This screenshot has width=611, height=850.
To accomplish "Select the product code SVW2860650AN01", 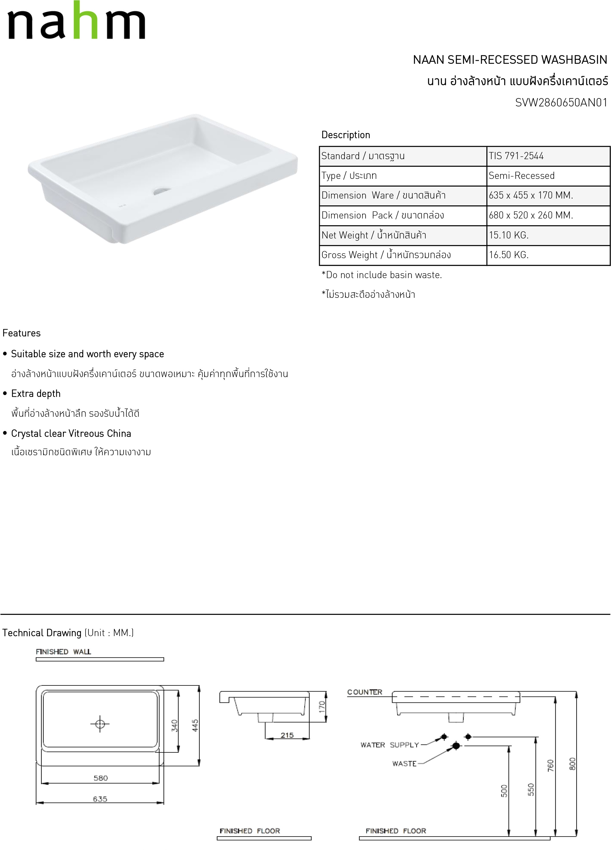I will pyautogui.click(x=561, y=103).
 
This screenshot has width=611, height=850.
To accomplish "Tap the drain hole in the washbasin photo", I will pyautogui.click(x=162, y=191).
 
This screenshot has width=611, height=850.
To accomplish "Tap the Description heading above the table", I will pyautogui.click(x=345, y=135).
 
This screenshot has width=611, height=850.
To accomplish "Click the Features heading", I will pyautogui.click(x=21, y=333).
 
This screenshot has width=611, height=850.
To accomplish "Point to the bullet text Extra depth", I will pyautogui.click(x=36, y=394).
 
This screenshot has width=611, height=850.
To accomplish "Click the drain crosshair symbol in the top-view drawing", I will pyautogui.click(x=100, y=724).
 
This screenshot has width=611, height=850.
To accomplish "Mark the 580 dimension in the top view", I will pyautogui.click(x=100, y=778).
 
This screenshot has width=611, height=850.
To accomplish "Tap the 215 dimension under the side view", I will pyautogui.click(x=287, y=735).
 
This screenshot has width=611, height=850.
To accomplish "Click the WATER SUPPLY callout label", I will pyautogui.click(x=389, y=745).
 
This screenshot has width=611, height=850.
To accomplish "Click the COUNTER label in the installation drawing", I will pyautogui.click(x=364, y=692).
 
